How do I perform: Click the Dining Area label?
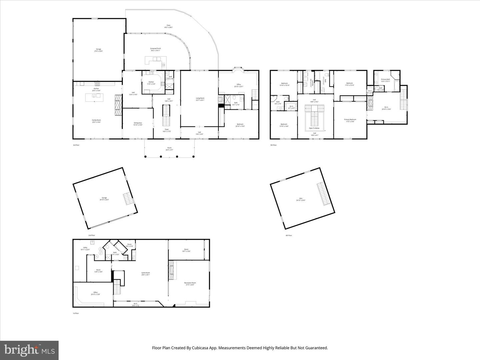pyautogui.click(x=138, y=124)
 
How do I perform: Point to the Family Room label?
pyautogui.click(x=96, y=121)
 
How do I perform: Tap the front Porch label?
pyautogui.click(x=169, y=149)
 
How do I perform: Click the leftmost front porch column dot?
pyautogui.click(x=145, y=156)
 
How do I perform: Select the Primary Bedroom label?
pyautogui.click(x=350, y=120)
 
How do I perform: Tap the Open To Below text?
pyautogui.click(x=314, y=128)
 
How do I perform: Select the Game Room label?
pyautogui.click(x=146, y=273)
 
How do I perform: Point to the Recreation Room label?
pyautogui.click(x=190, y=284)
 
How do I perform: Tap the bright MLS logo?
pyautogui.click(x=29, y=350)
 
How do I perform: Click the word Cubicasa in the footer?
pyautogui.click(x=206, y=348)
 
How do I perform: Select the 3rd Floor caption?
pyautogui.click(x=76, y=145)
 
